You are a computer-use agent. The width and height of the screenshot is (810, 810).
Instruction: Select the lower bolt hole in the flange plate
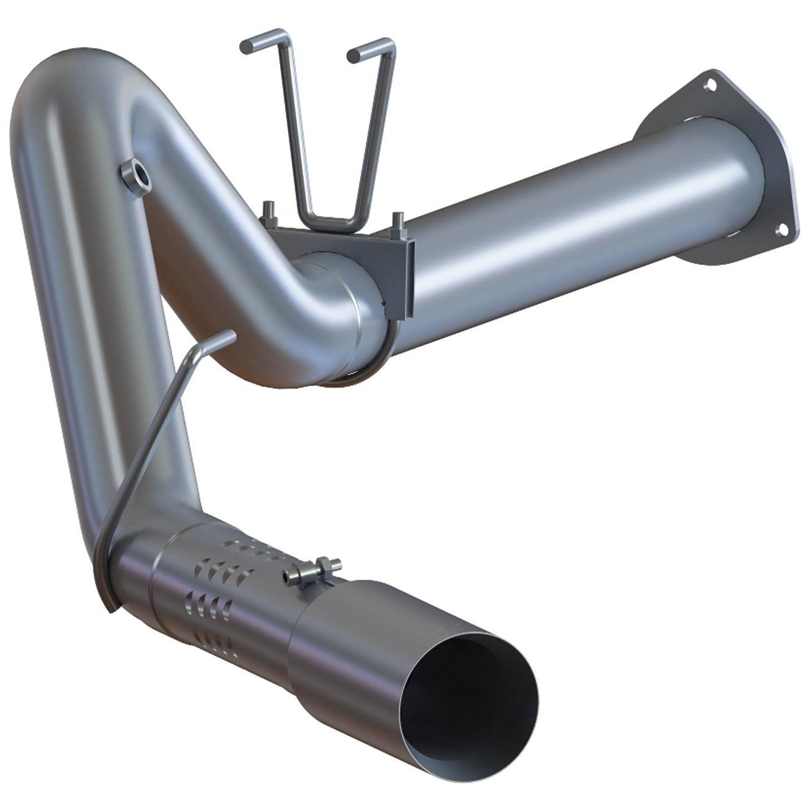pos(781,230)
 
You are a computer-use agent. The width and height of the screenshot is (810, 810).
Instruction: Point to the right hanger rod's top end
pos(354,56)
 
